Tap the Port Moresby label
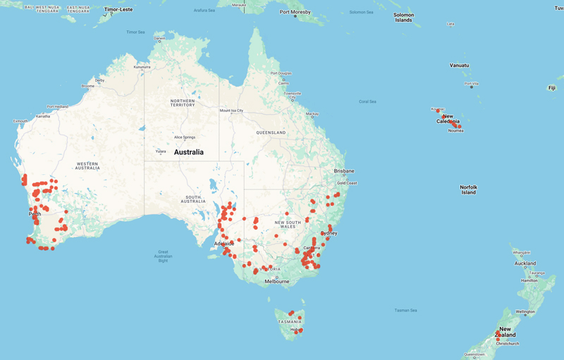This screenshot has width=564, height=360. coord(295,12)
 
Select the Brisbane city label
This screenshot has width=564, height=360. coord(344,171)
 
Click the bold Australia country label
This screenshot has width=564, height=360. coord(188,152)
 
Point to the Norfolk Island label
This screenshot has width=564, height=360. coord(469,190)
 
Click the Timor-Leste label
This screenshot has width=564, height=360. coord(118,10)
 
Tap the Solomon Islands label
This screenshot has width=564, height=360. coord(403,18)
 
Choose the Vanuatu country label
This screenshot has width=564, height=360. coord(459,66)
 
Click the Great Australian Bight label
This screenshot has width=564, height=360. coord(163,256)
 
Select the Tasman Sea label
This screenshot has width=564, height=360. coord(405,310)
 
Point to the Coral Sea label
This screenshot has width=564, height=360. coord(367,101)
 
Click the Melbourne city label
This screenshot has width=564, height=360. coord(277,282)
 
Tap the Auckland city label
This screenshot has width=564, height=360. coord(525,263)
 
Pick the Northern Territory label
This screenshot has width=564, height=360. coord(182,103)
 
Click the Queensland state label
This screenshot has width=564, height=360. coord(271,132)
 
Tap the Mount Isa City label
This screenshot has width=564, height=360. coord(231,111)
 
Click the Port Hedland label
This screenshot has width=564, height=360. coord(58,106)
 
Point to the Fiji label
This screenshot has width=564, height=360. coord(551,88)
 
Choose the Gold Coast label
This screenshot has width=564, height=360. coord(347,183)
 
